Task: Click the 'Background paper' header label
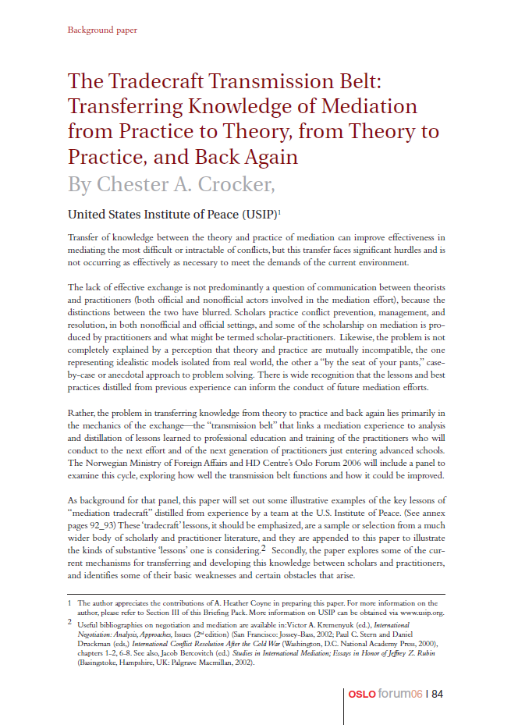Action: [x=102, y=30]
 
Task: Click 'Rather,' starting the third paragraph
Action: [x=83, y=413]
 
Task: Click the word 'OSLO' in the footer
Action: [x=363, y=694]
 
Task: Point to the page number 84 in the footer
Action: [x=438, y=694]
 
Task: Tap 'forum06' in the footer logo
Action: [x=399, y=694]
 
